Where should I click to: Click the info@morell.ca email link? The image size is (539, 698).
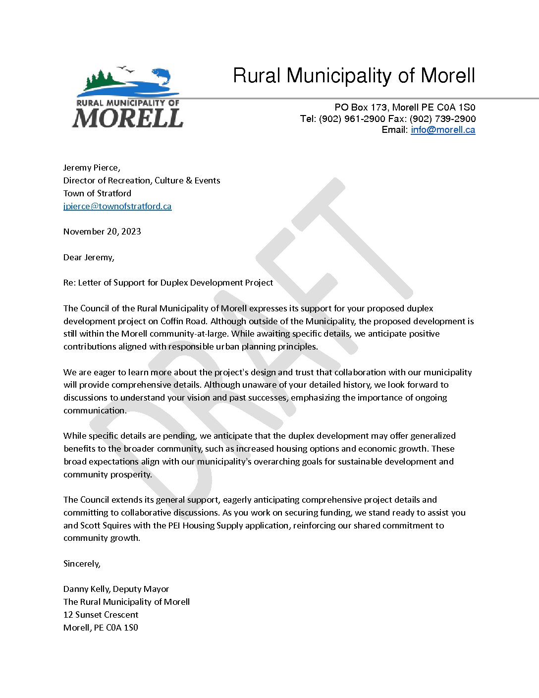(443, 130)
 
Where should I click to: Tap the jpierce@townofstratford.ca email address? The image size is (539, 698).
(117, 206)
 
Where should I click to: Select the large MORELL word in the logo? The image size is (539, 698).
(128, 118)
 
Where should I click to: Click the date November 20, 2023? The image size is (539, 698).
(102, 232)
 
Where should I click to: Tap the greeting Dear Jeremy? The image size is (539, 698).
(89, 257)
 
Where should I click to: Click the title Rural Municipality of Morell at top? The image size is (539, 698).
(354, 76)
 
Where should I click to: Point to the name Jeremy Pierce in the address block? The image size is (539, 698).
(91, 168)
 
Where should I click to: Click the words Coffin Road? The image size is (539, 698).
(183, 321)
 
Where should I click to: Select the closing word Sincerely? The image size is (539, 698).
(82, 564)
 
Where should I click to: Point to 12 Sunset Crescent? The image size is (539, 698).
(101, 615)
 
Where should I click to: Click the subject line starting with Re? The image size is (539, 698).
(168, 283)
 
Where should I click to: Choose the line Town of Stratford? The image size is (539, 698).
(97, 193)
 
